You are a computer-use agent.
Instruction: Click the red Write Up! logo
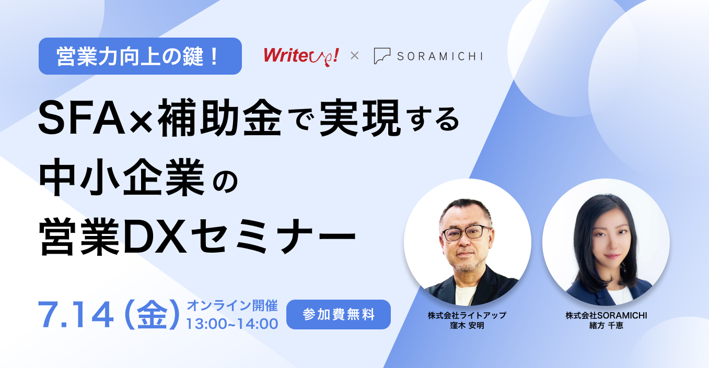click(301, 56)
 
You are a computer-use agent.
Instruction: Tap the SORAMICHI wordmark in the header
click(440, 56)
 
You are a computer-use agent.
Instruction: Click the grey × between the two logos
click(354, 56)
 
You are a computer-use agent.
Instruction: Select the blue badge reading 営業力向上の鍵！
click(140, 56)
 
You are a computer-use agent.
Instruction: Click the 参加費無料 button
click(339, 314)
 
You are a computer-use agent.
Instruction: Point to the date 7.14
click(76, 315)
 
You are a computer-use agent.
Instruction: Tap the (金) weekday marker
click(152, 315)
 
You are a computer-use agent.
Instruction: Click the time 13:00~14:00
click(232, 324)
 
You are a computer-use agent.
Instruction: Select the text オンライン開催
click(233, 306)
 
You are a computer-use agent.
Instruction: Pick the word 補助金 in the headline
click(220, 117)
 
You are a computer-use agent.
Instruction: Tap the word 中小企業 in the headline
click(122, 177)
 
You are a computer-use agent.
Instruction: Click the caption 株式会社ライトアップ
click(467, 315)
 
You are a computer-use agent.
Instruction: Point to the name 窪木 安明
click(467, 325)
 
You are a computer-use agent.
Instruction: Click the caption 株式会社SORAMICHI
click(606, 315)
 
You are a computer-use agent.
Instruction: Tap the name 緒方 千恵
click(606, 325)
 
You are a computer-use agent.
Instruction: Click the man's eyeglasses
click(466, 233)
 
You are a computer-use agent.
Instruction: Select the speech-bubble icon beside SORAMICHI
click(382, 56)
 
